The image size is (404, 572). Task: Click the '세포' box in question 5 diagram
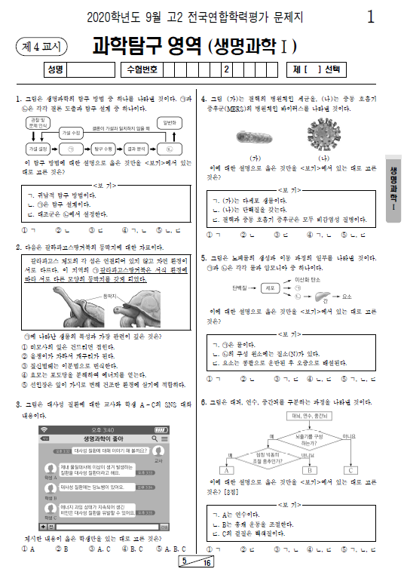pyautogui.click(x=268, y=288)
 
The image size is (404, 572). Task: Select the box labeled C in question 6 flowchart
pyautogui.click(x=351, y=469)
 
